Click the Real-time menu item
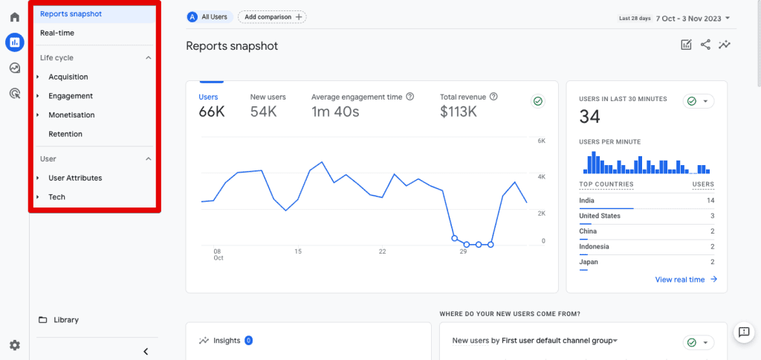click(x=57, y=33)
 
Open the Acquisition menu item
click(x=68, y=77)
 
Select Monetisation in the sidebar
click(x=71, y=115)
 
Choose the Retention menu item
click(x=65, y=134)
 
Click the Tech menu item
click(x=56, y=197)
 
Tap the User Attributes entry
click(x=75, y=178)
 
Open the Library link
click(x=65, y=320)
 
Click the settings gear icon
click(x=14, y=345)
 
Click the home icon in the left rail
click(x=14, y=16)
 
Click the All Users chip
click(x=209, y=16)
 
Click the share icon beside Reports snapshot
click(x=705, y=45)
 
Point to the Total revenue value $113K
click(x=459, y=112)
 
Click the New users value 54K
click(x=264, y=112)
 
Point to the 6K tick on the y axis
click(x=541, y=141)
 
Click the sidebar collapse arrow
click(x=146, y=351)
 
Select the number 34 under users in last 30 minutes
click(x=589, y=116)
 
